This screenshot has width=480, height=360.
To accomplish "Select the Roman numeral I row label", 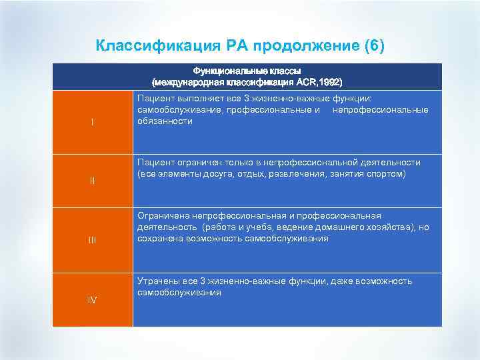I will (92, 122).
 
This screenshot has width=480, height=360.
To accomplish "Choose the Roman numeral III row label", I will (92, 240).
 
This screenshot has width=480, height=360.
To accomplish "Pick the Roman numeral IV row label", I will (92, 300).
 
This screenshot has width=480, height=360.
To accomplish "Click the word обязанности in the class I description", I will (165, 121).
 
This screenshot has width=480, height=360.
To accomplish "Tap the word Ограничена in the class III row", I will (163, 216).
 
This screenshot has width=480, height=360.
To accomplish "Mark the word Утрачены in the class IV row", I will (157, 281).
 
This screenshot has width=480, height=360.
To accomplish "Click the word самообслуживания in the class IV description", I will (179, 293).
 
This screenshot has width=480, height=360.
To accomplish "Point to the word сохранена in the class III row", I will (159, 238).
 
